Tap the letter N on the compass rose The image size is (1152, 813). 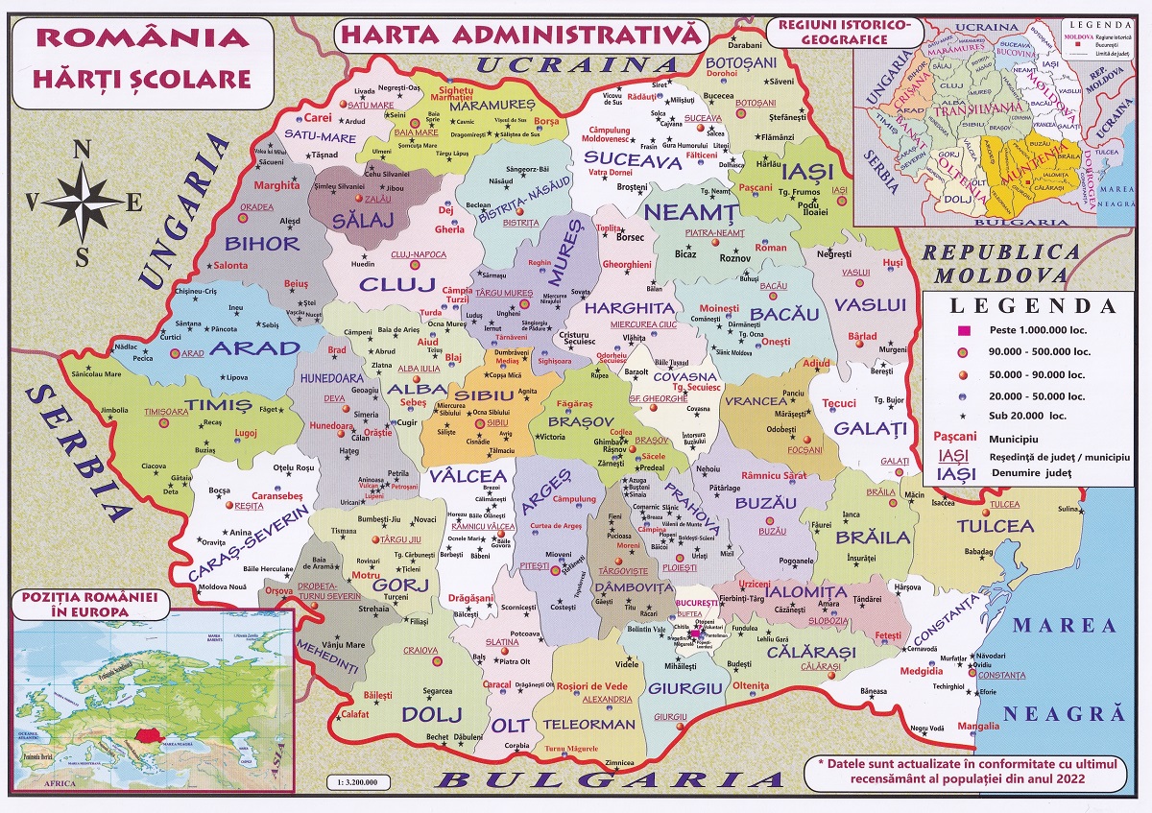[x=83, y=150]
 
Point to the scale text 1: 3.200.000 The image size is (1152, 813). [x=353, y=781]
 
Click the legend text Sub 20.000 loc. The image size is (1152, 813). [x=1031, y=415]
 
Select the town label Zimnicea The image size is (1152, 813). [x=620, y=763]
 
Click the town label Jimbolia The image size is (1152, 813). [x=113, y=410]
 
